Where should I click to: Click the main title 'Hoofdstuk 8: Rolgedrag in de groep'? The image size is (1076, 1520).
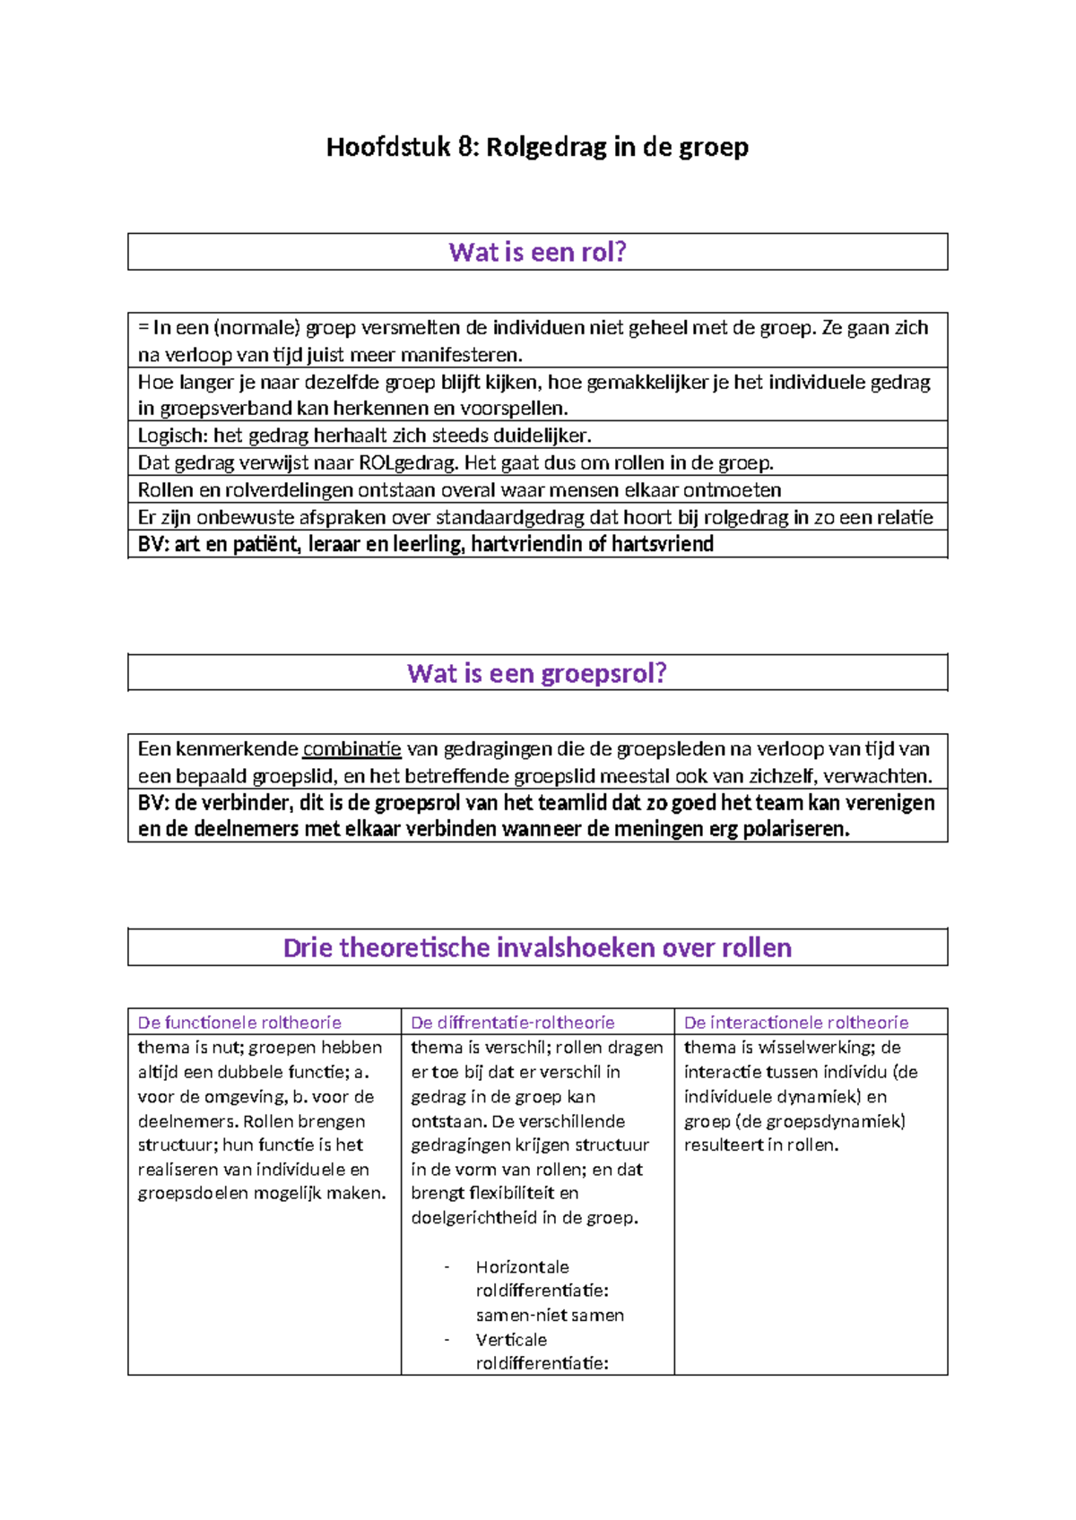point(537,146)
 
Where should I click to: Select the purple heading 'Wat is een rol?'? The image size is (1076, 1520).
point(537,252)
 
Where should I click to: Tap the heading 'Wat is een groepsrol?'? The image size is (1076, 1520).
point(537,673)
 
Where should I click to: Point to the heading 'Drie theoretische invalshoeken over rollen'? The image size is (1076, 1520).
point(537,947)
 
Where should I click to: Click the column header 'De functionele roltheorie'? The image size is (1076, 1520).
point(239,1023)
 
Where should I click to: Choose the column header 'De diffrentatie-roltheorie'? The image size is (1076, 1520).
point(512,1023)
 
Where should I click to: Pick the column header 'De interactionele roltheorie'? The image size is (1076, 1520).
point(796,1023)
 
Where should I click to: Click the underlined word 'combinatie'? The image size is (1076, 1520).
point(351,749)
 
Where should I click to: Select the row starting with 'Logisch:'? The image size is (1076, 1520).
point(364,436)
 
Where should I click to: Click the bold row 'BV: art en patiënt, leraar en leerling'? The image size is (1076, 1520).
point(426,544)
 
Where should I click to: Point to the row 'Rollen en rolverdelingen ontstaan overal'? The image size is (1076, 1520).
point(459,490)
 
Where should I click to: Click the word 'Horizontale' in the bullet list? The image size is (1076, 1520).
point(523,1267)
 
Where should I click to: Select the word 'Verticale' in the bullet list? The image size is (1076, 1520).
point(511,1340)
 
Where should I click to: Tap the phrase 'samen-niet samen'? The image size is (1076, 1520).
point(550,1316)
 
